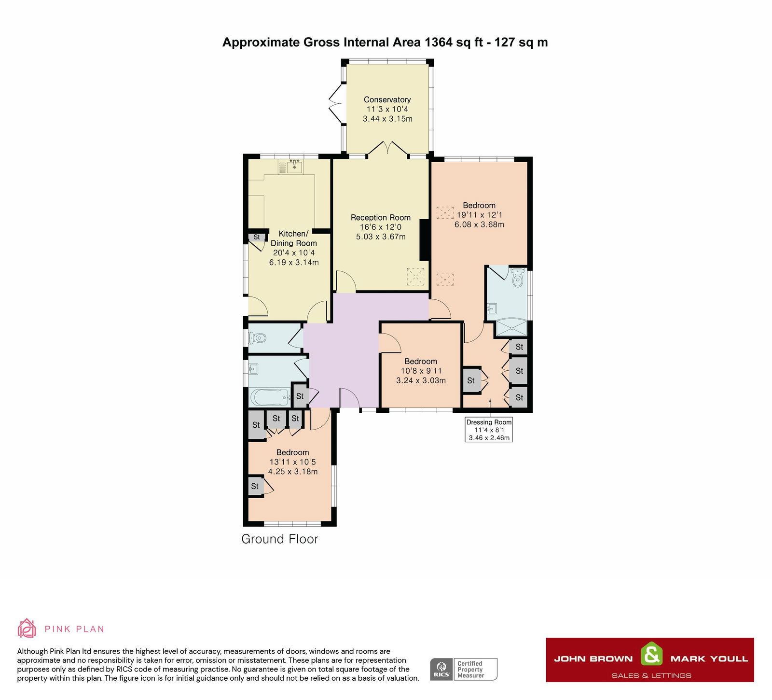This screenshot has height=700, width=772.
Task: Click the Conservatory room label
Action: tap(387, 100)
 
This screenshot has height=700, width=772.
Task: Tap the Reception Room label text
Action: tap(380, 218)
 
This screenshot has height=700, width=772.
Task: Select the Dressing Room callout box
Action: tap(489, 430)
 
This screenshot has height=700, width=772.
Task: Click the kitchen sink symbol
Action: tap(294, 167)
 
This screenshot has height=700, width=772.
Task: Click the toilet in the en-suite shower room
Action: tap(518, 279)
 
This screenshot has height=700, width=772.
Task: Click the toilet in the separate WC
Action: tap(257, 338)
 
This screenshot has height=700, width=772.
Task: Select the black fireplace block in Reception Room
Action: tap(425, 240)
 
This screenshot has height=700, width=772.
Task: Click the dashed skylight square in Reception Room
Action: tap(415, 277)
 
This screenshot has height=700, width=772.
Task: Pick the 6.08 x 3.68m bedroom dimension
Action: tap(479, 224)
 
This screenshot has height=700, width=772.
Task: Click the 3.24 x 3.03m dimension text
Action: tap(421, 380)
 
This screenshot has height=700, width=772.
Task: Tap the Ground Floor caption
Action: tap(279, 539)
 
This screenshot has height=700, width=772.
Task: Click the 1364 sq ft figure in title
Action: tap(453, 42)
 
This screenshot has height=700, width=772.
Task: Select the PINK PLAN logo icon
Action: tap(27, 628)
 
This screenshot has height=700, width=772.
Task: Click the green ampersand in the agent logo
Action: tap(651, 655)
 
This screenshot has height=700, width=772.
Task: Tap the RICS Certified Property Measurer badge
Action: tap(463, 669)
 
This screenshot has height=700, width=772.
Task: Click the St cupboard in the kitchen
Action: tap(257, 237)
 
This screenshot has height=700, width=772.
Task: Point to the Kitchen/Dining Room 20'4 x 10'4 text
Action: tap(293, 253)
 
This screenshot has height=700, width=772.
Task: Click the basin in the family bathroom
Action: tap(253, 369)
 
